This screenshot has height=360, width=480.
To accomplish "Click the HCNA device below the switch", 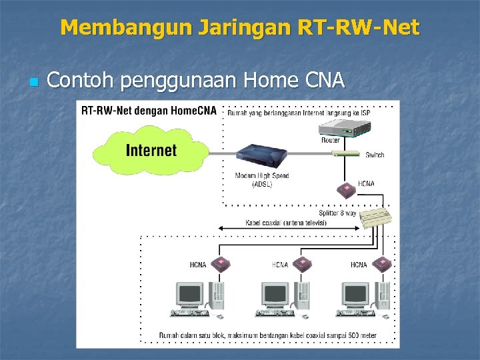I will point(346,189).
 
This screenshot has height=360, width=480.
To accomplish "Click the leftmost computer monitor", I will point(189,295).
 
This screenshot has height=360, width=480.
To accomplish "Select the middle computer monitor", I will point(274,295).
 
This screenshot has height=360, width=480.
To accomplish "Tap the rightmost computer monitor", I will point(355,295).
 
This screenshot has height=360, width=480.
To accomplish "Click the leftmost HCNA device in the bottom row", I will point(220,263).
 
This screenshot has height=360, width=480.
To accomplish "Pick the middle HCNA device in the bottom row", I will point(303,263).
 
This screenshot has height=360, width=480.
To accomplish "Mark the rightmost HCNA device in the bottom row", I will point(382,263).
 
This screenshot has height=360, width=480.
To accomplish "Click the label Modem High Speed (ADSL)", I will point(262,180).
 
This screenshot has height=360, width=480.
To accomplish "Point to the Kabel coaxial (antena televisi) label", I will point(286,223).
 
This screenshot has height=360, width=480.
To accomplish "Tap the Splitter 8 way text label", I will point(337,213).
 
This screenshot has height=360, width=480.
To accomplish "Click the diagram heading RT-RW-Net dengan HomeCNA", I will point(149,111).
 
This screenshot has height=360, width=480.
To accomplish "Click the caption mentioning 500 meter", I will point(267,335).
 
